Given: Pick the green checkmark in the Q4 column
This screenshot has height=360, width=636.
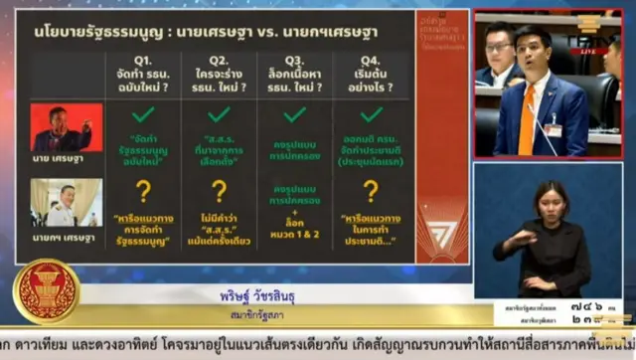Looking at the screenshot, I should point(371,114).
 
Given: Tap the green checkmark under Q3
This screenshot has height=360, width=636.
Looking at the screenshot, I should point(294,114).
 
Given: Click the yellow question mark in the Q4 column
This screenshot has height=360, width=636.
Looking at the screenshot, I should point(371,191).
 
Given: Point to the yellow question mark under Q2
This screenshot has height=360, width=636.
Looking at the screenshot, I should point(219,191).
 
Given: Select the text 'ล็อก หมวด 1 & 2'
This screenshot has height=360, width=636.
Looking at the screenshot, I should point(294,231).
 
